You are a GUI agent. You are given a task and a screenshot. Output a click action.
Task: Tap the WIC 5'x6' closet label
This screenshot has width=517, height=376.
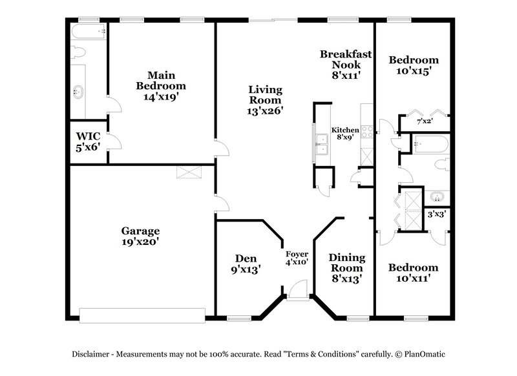88,141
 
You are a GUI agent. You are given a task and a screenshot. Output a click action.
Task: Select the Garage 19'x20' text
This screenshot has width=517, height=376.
140,236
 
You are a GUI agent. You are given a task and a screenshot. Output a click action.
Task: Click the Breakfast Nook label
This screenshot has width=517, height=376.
346,65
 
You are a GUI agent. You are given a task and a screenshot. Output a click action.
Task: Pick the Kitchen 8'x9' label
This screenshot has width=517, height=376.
345,134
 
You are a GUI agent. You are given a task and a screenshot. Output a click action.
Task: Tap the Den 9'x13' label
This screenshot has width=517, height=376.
245,264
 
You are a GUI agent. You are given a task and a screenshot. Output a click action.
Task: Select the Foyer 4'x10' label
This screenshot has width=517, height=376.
297,258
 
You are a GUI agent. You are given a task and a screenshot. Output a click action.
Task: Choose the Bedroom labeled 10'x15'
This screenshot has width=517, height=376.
413,65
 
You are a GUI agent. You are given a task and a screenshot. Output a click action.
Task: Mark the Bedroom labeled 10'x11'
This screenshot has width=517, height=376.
413,273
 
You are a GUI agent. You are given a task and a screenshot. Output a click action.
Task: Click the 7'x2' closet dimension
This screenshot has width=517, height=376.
424,121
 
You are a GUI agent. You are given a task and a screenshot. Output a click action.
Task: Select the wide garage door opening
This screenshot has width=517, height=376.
142,314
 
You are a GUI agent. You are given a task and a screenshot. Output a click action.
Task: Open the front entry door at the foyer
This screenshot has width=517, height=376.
298,291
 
